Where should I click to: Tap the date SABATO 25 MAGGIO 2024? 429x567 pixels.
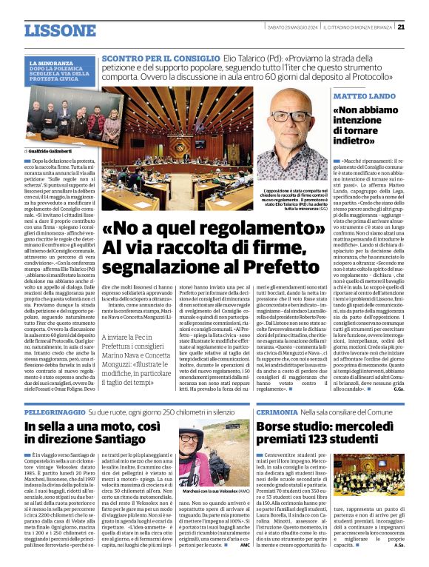click(x=294, y=27)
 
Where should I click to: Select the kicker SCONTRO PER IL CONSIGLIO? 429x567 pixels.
click(x=161, y=57)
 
